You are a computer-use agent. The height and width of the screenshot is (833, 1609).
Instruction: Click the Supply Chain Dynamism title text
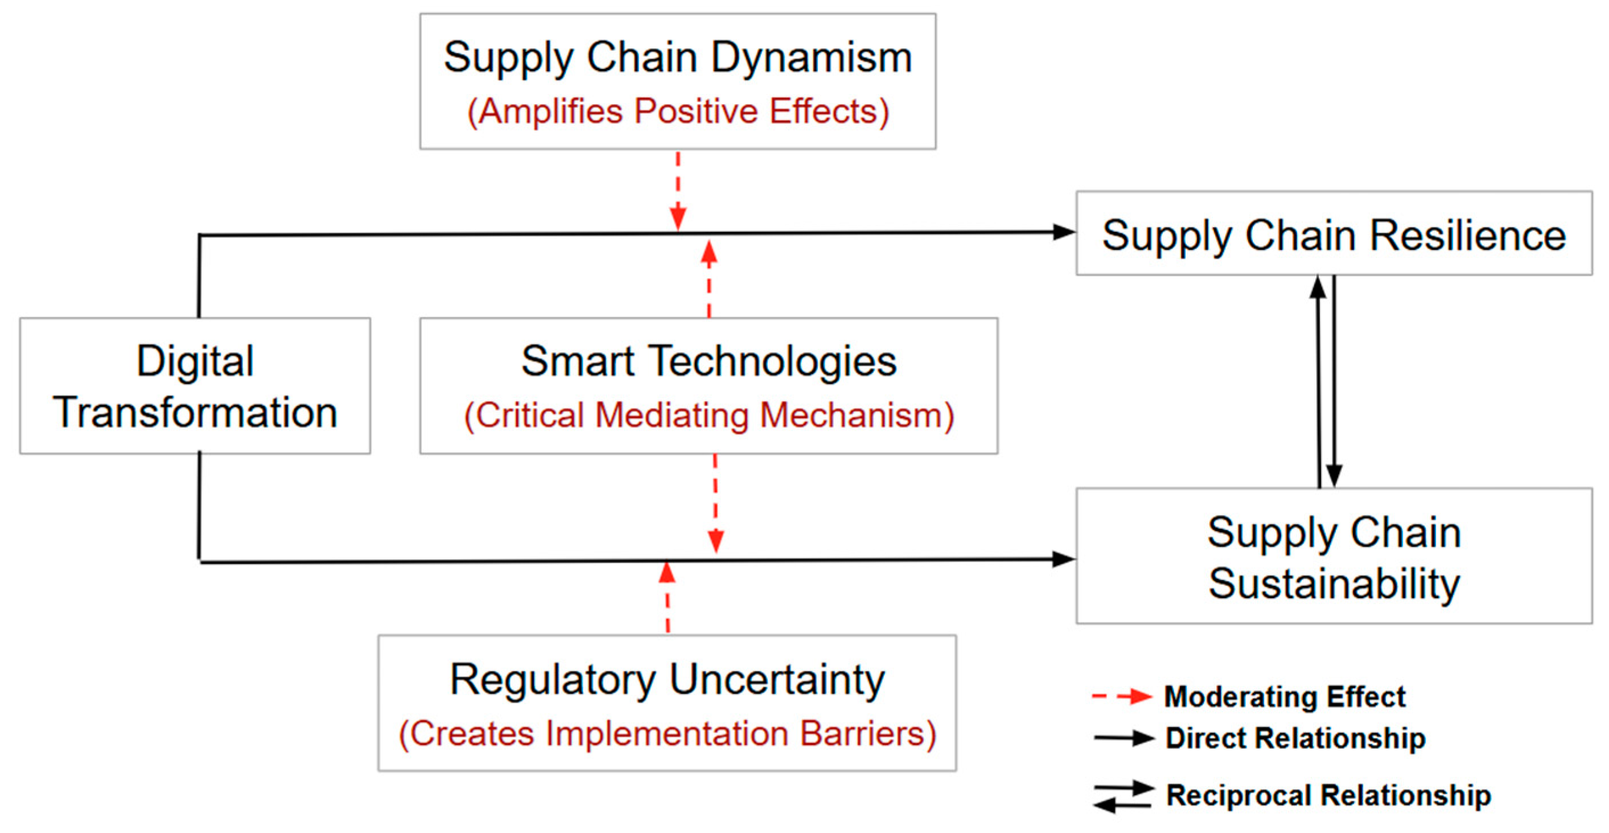678,57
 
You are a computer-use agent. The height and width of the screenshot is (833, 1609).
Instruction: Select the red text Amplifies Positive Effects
678,112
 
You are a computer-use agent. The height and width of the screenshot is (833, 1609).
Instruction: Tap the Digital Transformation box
195,386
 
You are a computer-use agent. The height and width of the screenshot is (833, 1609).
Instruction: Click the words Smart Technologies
708,361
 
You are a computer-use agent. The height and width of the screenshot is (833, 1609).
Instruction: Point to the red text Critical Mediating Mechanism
708,415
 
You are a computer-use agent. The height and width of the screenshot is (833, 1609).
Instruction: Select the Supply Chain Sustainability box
1334,556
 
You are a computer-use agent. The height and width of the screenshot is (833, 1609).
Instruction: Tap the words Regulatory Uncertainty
667,679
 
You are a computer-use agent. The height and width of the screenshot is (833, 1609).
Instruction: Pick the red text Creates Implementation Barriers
667,734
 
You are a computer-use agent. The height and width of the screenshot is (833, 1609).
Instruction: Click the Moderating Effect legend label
1284,697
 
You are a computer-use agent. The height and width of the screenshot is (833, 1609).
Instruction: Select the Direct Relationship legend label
1295,739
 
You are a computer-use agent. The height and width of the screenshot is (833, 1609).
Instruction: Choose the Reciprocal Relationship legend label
1328,795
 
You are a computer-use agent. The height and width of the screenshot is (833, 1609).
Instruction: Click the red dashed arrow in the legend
1122,696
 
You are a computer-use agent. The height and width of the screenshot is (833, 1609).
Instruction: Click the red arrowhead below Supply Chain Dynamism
678,218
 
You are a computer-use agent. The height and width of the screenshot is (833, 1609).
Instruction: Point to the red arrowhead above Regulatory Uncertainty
667,572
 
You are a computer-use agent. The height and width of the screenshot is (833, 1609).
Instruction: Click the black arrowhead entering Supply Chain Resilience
1064,232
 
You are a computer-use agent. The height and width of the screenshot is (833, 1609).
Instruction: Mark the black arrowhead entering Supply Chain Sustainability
1064,559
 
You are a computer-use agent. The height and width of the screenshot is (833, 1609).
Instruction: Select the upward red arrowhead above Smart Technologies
708,251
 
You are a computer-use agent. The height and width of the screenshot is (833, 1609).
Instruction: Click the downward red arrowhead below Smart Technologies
716,540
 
